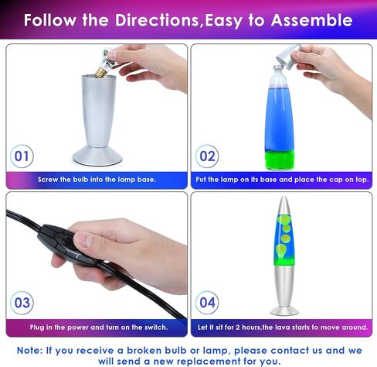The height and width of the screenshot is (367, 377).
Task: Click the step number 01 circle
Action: pyautogui.click(x=22, y=156)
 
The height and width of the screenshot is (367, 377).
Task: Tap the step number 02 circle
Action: pyautogui.click(x=207, y=156)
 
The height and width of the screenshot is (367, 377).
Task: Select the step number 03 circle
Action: pyautogui.click(x=22, y=303)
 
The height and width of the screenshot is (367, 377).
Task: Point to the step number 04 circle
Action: pyautogui.click(x=207, y=303)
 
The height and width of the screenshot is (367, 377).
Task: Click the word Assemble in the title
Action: pyautogui.click(x=311, y=20)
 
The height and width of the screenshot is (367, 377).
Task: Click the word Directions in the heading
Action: pyautogui.click(x=157, y=20)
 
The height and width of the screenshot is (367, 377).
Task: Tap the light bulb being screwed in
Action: pyautogui.click(x=104, y=64)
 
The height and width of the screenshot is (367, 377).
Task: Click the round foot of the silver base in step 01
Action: pyautogui.click(x=97, y=156)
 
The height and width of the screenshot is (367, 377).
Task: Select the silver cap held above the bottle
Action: pyautogui.click(x=288, y=56)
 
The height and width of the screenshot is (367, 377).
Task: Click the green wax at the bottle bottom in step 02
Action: pyautogui.click(x=280, y=160)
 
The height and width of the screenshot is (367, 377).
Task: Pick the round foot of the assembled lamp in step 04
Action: pyautogui.click(x=284, y=310)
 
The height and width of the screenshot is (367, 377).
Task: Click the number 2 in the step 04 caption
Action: pyautogui.click(x=238, y=328)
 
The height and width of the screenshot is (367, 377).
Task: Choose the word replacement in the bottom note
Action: pyautogui.click(x=207, y=361)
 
